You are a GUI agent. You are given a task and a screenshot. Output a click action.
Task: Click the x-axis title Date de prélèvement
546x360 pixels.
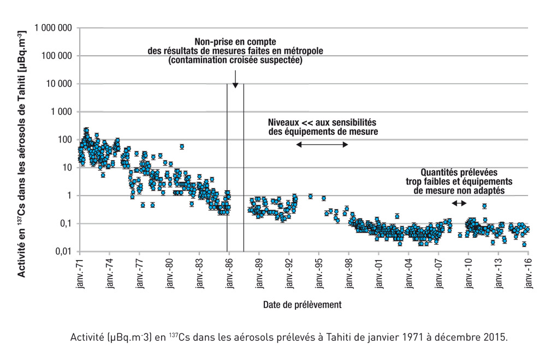(x=302, y=304)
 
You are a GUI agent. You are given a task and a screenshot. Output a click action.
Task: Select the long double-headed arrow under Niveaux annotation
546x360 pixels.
(x=322, y=144)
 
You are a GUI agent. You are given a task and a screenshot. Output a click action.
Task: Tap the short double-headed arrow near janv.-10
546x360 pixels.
(x=459, y=203)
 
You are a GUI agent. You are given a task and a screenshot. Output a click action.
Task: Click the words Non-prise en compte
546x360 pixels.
(x=235, y=42)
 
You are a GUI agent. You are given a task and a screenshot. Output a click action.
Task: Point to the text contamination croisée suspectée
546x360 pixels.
(x=235, y=60)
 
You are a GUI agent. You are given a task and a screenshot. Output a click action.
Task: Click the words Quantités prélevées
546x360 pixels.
(x=459, y=172)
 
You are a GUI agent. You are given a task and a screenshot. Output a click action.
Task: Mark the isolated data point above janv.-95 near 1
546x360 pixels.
(x=310, y=196)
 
